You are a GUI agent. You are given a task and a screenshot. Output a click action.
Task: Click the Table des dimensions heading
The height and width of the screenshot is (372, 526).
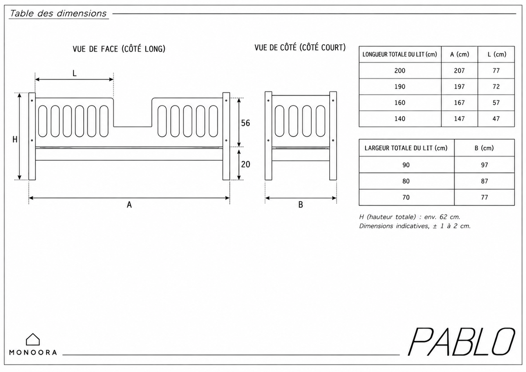pyautogui.click(x=58, y=14)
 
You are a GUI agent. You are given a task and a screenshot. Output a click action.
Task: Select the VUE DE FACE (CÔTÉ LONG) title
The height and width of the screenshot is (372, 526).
pyautogui.click(x=119, y=49)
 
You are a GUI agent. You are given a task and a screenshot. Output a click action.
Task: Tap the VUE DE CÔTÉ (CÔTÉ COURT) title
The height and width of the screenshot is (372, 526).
pyautogui.click(x=300, y=47)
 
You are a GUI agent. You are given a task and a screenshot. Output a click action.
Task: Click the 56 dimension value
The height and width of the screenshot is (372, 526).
pyautogui.click(x=245, y=123)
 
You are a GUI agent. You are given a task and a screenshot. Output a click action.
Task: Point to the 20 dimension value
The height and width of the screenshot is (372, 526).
pyautogui.click(x=245, y=164)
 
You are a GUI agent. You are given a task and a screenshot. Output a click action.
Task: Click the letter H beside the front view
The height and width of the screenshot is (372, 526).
pyautogui.click(x=15, y=140)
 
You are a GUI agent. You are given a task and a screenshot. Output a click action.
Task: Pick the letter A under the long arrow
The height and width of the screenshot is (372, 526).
pyautogui.click(x=129, y=205)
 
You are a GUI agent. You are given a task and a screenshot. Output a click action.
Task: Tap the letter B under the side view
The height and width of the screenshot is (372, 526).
pyautogui.click(x=301, y=205)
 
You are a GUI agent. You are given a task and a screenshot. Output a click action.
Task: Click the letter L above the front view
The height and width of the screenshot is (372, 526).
pyautogui.click(x=75, y=74)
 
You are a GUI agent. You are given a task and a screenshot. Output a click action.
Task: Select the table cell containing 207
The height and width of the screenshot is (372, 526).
pyautogui.click(x=459, y=71)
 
